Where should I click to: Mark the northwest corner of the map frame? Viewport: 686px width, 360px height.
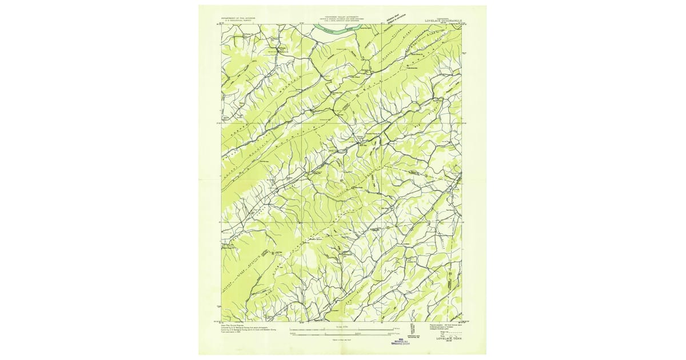click(x=222, y=25)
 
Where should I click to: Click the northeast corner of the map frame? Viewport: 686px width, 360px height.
click(x=461, y=25)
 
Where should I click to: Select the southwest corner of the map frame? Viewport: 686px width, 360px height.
click(x=222, y=321)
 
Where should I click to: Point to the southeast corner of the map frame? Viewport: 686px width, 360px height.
click(x=461, y=321)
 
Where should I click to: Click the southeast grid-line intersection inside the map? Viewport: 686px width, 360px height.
click(x=381, y=222)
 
